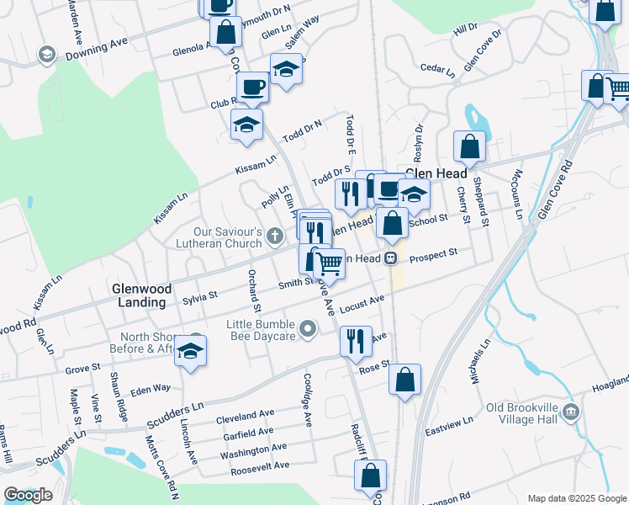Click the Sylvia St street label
(x=200, y=297)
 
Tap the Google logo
(x=28, y=495)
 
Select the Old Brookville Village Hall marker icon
(x=572, y=412)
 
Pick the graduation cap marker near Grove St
(x=191, y=350)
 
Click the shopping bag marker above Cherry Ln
(x=469, y=146)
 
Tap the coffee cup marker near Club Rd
(x=252, y=87)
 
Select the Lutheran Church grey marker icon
(x=277, y=238)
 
